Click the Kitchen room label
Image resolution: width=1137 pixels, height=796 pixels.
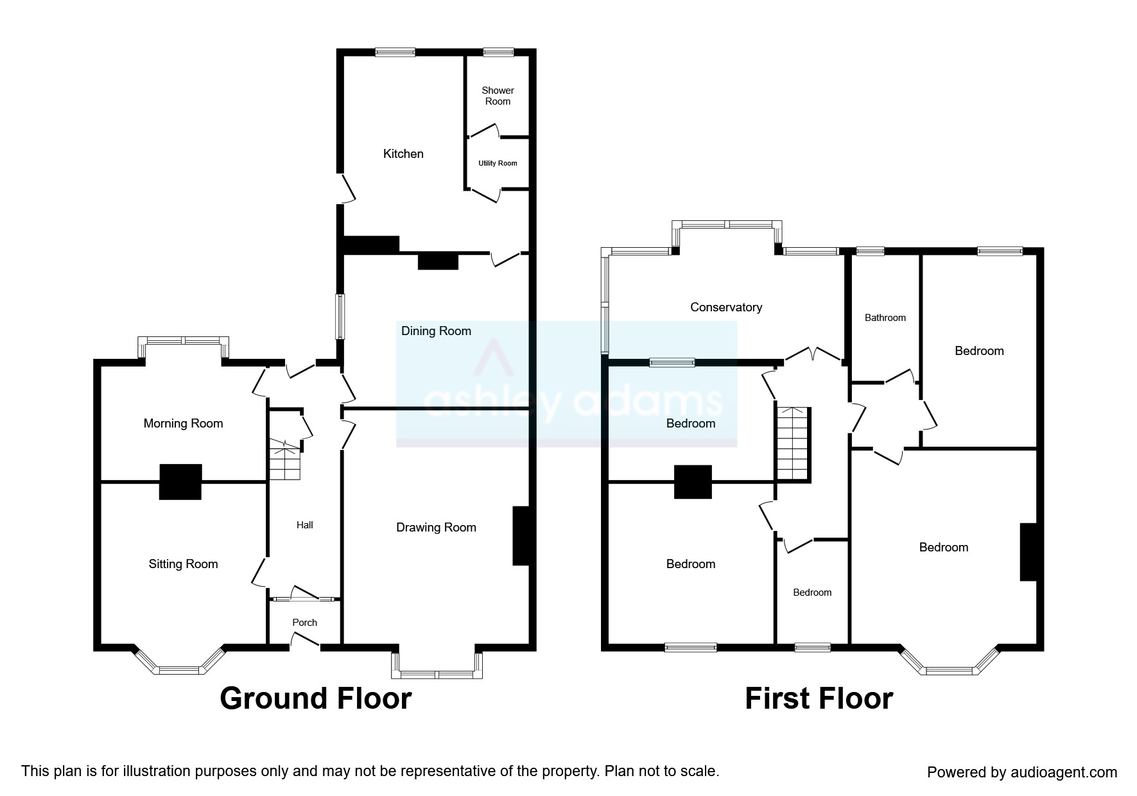tap(403, 154)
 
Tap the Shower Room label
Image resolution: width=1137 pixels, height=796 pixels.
tap(498, 96)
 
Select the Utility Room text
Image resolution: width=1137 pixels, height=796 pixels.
tap(498, 163)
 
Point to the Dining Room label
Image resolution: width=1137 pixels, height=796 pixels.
tap(436, 331)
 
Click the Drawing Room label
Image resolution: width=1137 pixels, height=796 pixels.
tap(436, 528)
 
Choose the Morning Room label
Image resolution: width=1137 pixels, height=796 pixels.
tap(183, 424)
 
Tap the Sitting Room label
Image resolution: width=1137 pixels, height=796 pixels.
tap(183, 564)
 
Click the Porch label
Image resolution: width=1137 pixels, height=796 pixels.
tap(304, 623)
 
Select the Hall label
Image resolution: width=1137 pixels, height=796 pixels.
tap(304, 525)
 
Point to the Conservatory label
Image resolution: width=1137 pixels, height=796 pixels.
tap(725, 307)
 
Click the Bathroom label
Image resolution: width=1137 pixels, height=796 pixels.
tap(885, 318)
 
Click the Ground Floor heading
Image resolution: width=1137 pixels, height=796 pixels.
tap(315, 698)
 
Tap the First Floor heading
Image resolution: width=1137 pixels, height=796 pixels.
tap(819, 698)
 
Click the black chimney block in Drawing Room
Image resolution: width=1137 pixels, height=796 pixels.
tap(521, 536)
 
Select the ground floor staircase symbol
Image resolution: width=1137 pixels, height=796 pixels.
tap(284, 460)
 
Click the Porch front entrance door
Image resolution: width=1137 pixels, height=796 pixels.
tap(305, 641)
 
